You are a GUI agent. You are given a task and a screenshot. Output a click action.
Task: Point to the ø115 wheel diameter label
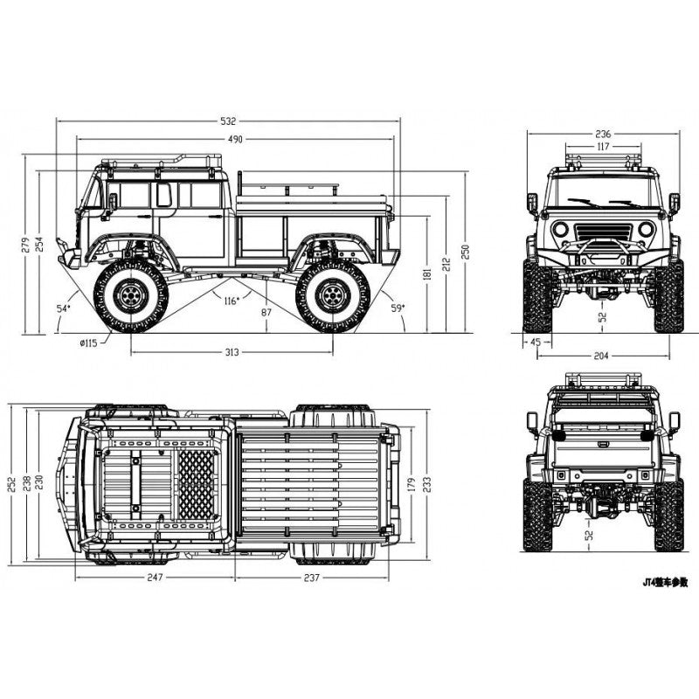click(88, 343)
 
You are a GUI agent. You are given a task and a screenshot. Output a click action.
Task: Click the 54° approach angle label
click(62, 308)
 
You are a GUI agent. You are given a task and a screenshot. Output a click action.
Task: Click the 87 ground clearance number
click(266, 313)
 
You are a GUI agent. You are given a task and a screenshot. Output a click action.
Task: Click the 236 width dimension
click(602, 134)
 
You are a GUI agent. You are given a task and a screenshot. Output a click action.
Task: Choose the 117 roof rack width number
click(602, 147)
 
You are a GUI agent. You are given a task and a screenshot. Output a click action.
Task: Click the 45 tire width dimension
click(535, 343)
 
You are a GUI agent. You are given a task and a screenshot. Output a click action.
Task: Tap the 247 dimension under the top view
click(154, 578)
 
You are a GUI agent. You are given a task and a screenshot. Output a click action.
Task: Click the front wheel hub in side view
click(129, 296)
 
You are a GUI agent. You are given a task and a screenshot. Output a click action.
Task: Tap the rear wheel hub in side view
click(332, 296)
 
